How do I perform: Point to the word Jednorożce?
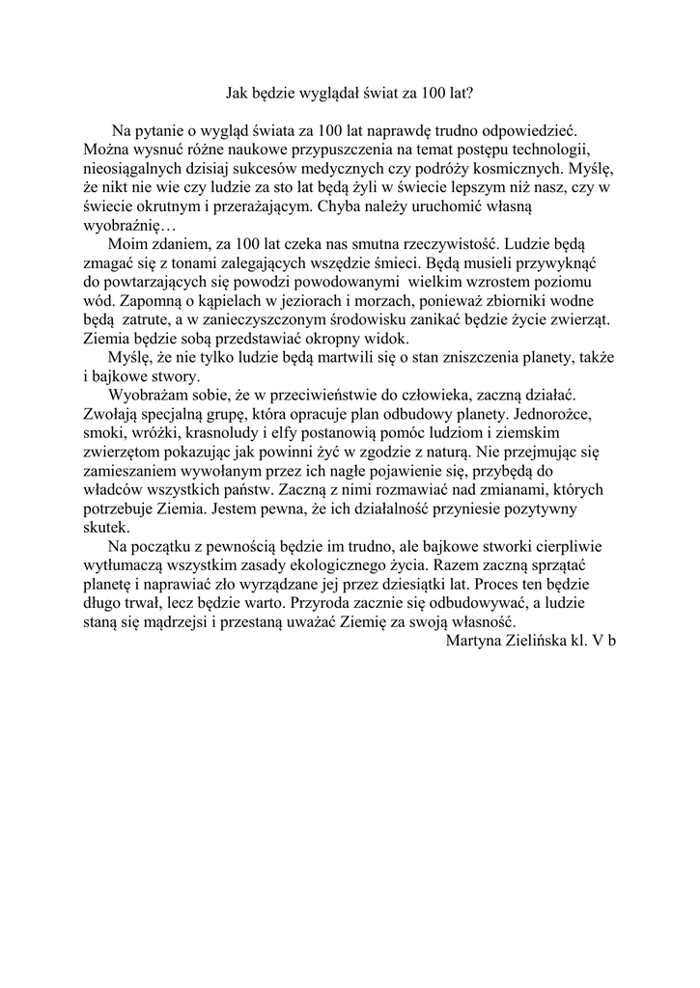[x=569, y=413]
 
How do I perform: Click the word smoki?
[x=104, y=431]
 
